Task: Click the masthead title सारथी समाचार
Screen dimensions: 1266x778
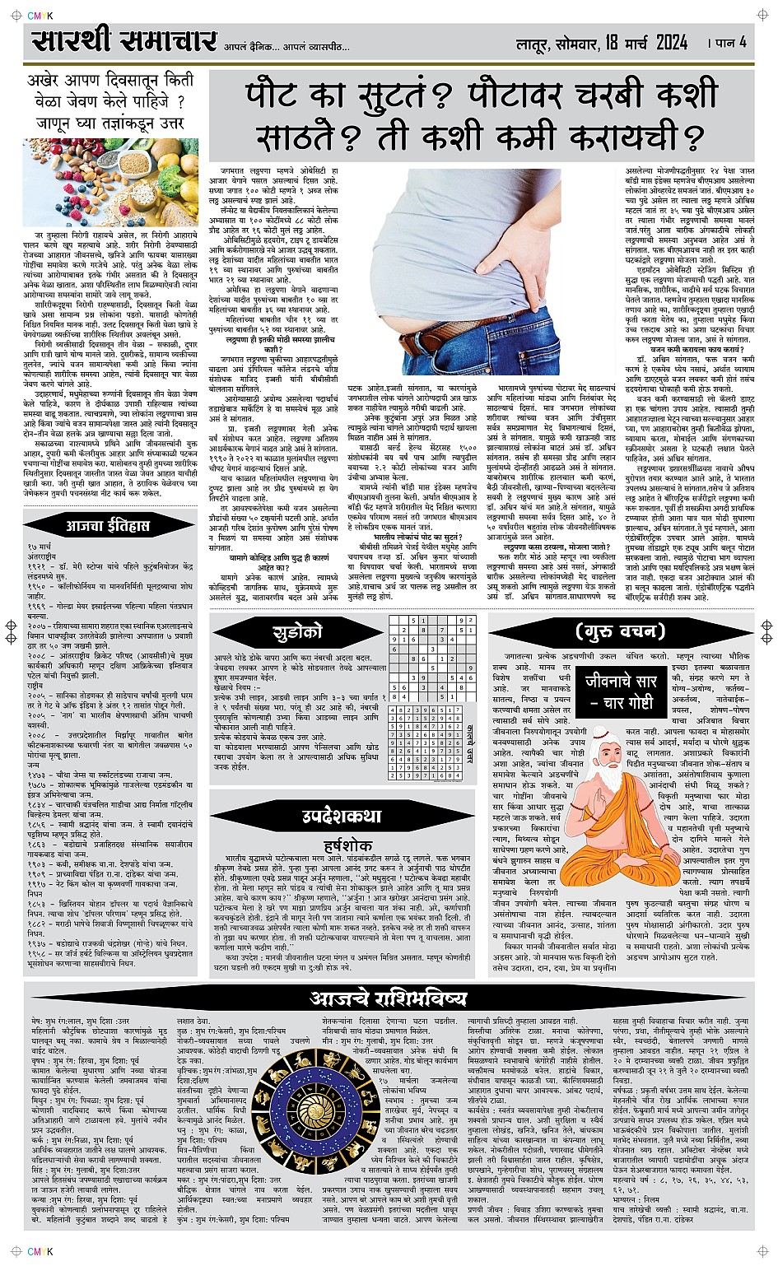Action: click(124, 41)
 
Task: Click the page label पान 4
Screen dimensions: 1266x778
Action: click(729, 42)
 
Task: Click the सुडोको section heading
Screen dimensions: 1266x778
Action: click(297, 633)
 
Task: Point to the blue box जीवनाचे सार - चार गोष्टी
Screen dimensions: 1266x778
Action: click(621, 692)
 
